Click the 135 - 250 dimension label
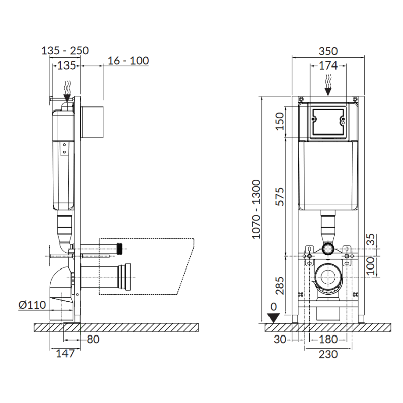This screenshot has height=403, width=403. [65, 51]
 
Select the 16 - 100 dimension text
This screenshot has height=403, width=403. [128, 61]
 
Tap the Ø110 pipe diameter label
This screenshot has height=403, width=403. [32, 305]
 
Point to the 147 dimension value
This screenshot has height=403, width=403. [65, 354]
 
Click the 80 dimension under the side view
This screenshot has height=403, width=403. [93, 339]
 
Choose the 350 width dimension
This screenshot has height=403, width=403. [328, 51]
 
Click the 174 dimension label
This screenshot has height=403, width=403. [328, 66]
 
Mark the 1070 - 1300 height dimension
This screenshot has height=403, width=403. [256, 209]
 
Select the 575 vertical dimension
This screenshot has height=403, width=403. [280, 196]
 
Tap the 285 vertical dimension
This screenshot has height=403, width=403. [280, 285]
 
